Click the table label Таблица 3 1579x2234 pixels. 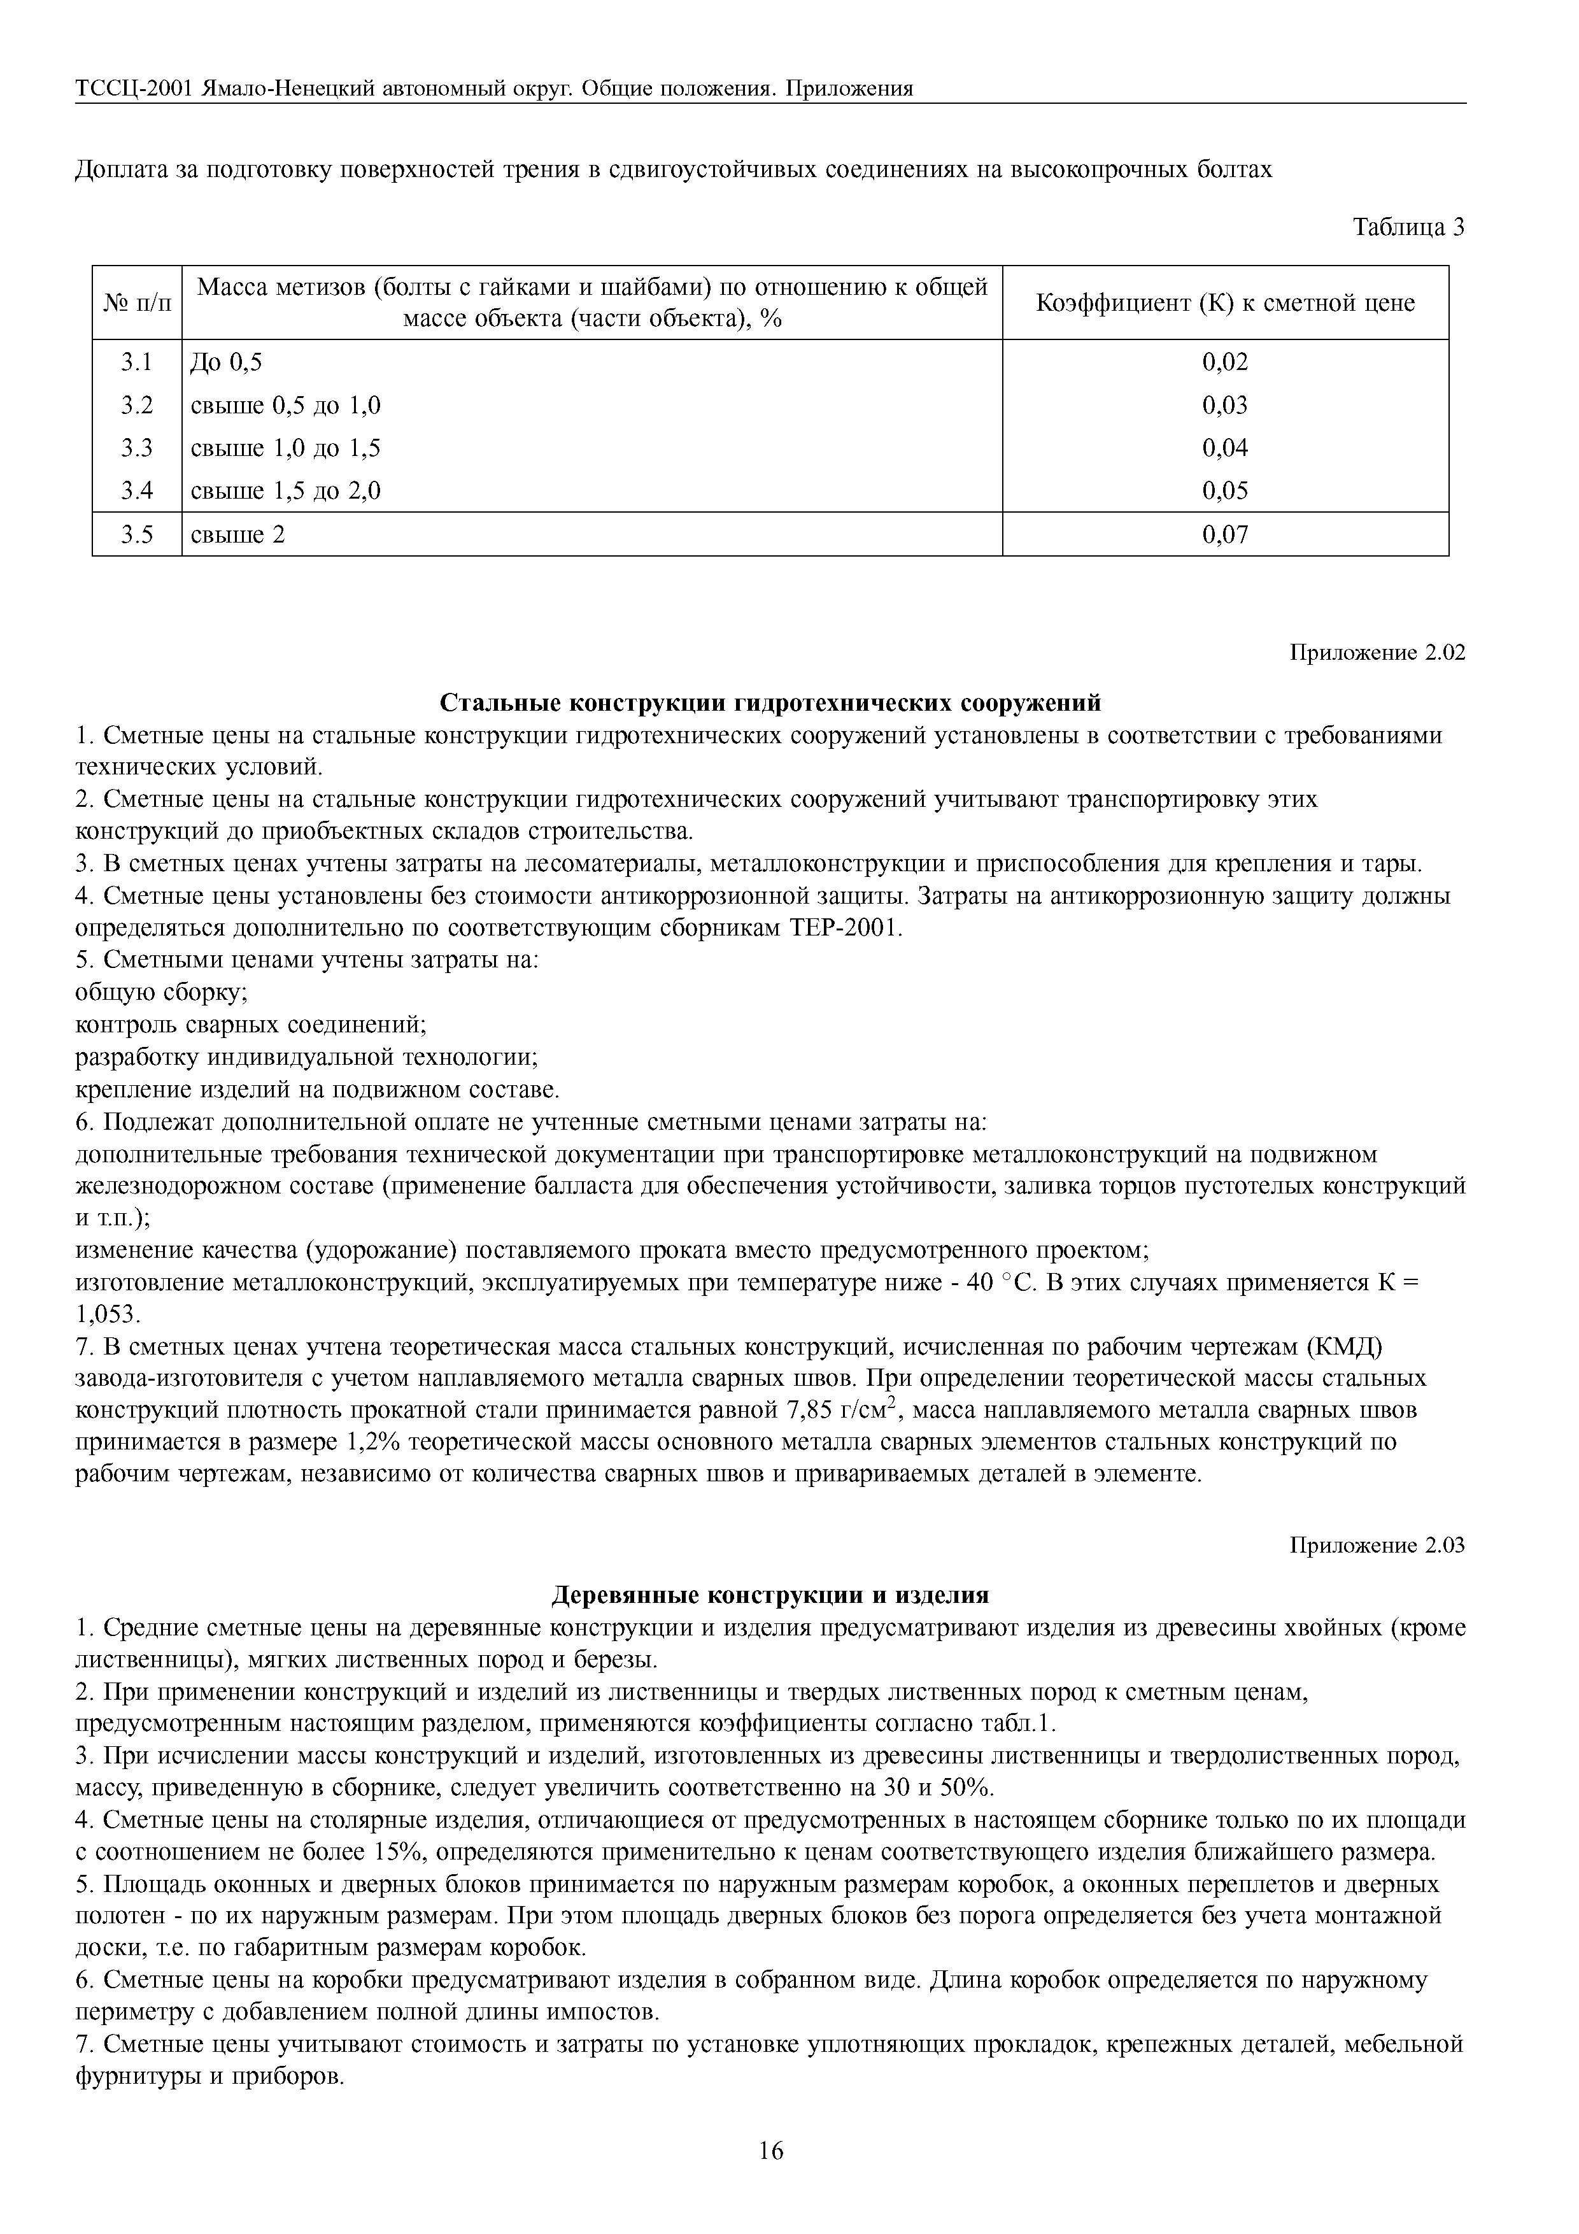pos(1409,228)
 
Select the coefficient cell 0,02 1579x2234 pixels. pos(1225,363)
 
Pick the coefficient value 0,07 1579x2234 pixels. pos(1225,534)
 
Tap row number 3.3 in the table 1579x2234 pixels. pos(137,448)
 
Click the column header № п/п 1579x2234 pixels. pos(137,302)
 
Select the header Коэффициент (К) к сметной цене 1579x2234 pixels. pos(1225,302)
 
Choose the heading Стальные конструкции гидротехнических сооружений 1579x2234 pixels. pos(770,702)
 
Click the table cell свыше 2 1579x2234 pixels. pos(238,534)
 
